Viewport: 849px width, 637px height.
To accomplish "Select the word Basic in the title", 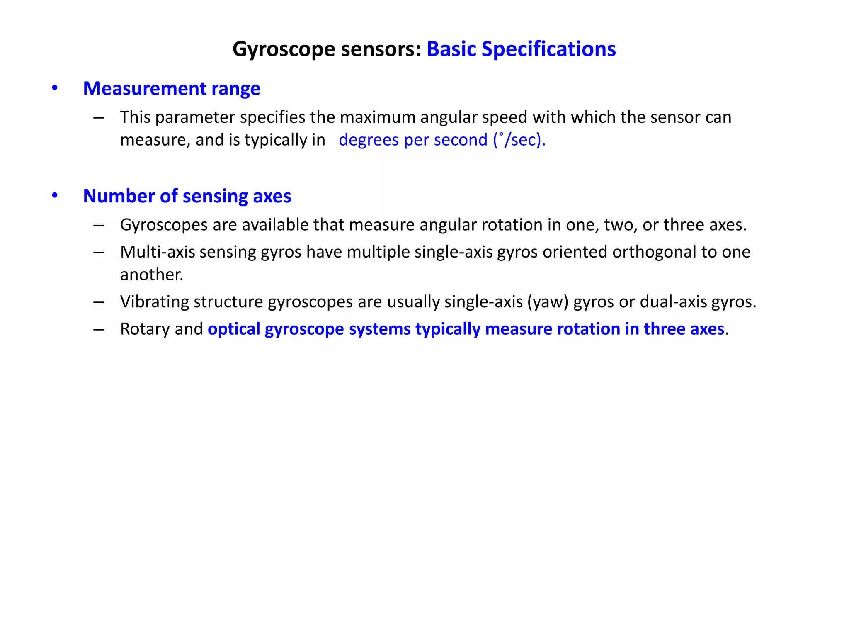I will point(451,49).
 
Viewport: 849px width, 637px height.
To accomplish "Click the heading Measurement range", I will point(171,89).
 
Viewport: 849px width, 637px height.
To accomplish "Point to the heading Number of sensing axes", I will point(187,196).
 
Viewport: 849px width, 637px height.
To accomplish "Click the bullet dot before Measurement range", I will point(55,88).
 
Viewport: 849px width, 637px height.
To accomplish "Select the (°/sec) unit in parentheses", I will point(519,140).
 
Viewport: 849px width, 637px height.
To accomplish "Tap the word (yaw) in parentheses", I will point(548,302).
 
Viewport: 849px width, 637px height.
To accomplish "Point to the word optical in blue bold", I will point(234,329).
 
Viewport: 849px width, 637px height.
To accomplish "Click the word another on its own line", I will point(151,275).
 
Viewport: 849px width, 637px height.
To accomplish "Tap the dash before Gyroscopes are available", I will point(99,225).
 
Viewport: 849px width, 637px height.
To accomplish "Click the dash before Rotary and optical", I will point(99,329).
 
